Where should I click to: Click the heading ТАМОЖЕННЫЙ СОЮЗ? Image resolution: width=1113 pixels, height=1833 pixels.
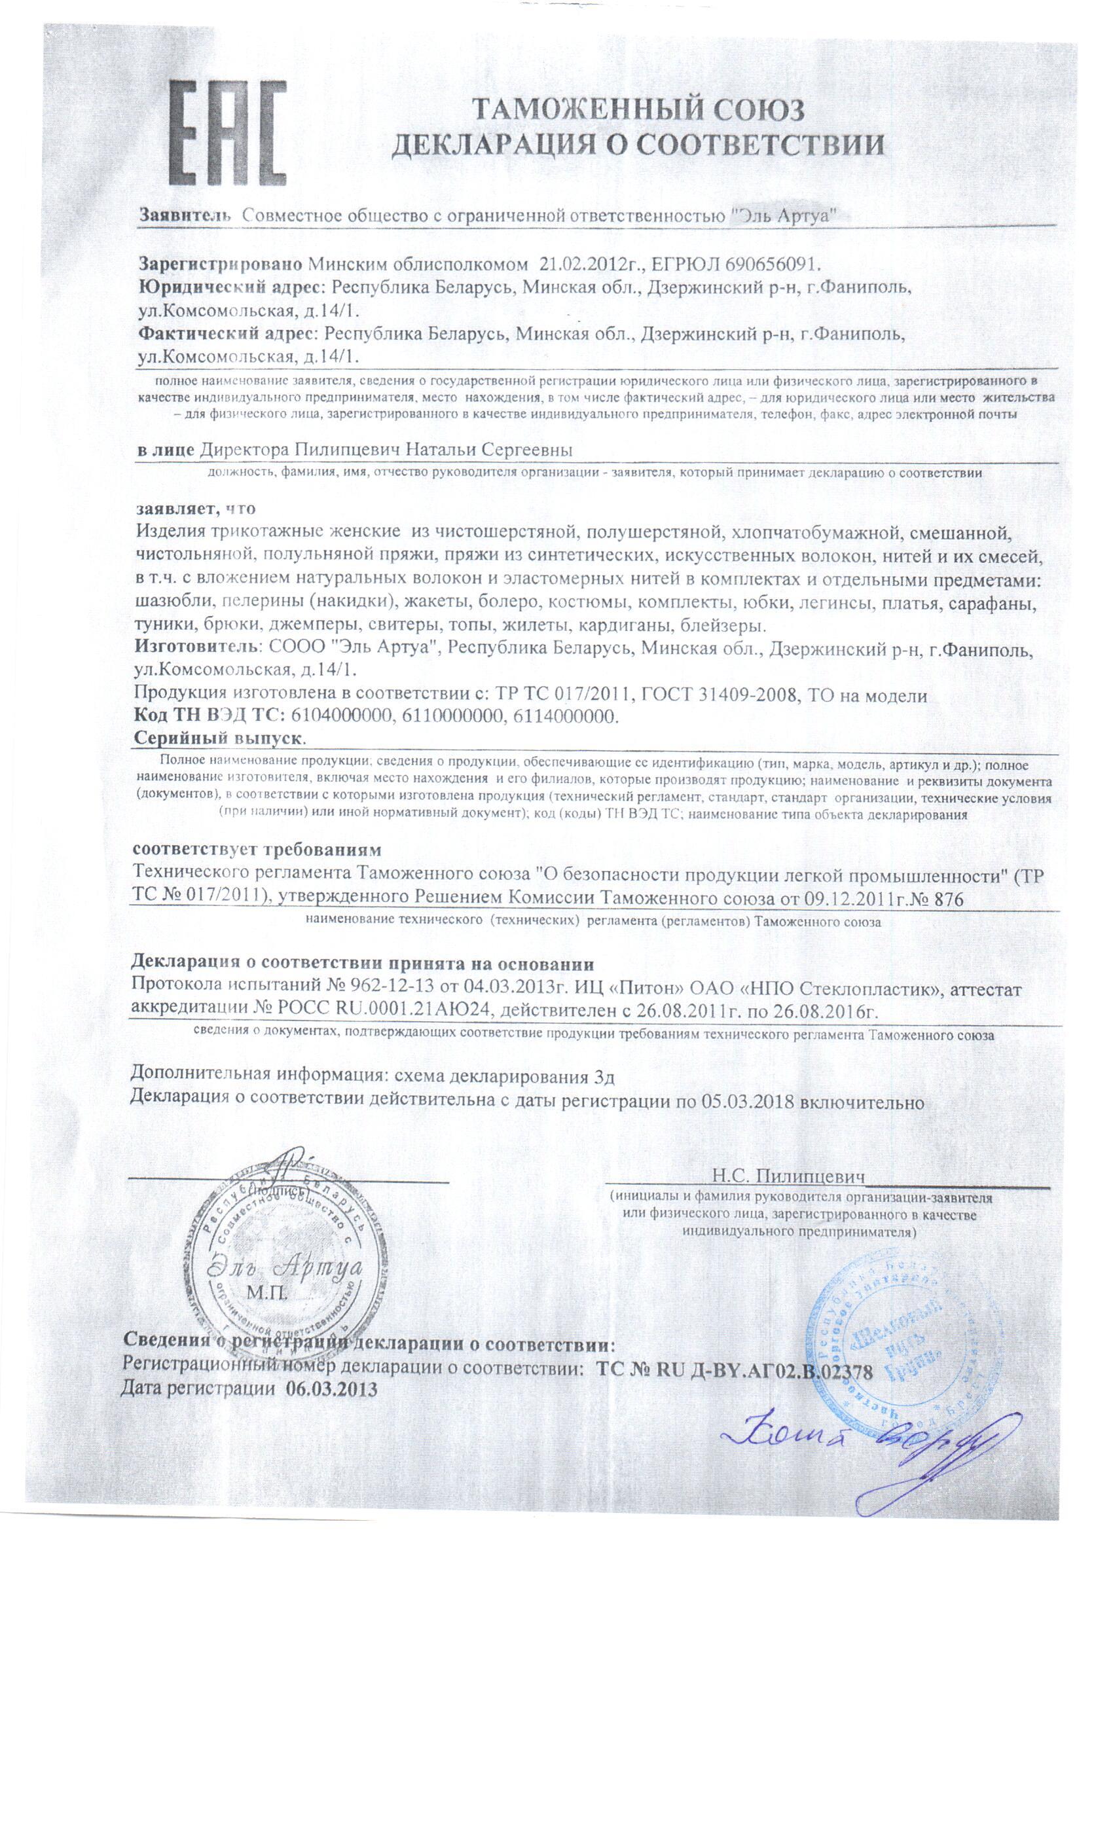pyautogui.click(x=639, y=111)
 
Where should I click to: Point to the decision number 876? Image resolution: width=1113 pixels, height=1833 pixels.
pyautogui.click(x=944, y=900)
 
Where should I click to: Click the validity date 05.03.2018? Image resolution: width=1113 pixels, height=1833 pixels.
pyautogui.click(x=746, y=1102)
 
